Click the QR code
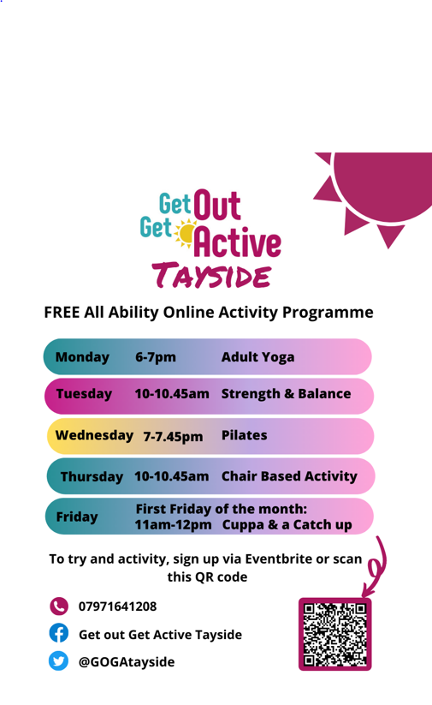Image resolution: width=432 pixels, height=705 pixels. (x=335, y=634)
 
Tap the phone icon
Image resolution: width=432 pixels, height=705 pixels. (x=59, y=606)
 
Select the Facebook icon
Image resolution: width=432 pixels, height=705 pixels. (x=59, y=633)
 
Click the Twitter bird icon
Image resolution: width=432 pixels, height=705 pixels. (x=58, y=661)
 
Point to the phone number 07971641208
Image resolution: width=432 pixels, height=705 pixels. (x=118, y=606)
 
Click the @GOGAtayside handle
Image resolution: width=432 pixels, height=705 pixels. (x=127, y=662)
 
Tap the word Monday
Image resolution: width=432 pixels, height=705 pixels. (x=82, y=357)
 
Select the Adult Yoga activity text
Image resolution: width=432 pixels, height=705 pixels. (x=257, y=357)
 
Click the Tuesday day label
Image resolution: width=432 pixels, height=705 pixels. (x=84, y=394)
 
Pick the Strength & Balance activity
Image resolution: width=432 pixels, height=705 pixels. (x=286, y=393)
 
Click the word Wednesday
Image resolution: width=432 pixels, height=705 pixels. (x=94, y=435)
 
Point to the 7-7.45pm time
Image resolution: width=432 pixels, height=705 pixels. (x=173, y=437)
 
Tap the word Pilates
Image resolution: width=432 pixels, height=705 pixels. (x=245, y=435)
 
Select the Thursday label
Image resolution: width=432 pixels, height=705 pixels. (x=92, y=476)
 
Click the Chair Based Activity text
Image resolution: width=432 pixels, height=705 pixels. (x=289, y=476)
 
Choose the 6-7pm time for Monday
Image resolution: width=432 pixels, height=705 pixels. (x=156, y=357)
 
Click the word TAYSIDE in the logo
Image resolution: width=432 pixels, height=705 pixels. (x=212, y=275)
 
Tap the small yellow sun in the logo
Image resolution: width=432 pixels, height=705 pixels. (x=185, y=233)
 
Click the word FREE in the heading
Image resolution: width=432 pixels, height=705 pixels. (x=62, y=312)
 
